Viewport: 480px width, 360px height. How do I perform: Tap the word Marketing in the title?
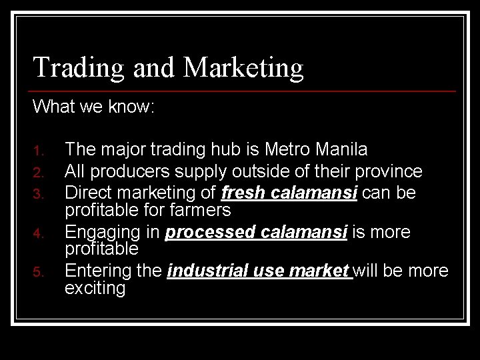pos(243,67)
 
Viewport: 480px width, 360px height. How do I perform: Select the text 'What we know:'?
pos(93,106)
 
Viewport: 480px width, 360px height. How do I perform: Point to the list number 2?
pos(39,173)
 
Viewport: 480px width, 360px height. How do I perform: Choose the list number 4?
pos(39,234)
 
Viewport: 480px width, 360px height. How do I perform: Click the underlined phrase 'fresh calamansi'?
pos(289,193)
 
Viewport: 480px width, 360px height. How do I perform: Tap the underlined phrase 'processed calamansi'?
pos(256,232)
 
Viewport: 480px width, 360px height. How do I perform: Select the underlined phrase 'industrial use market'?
pos(259,271)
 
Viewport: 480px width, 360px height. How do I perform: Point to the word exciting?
pos(95,289)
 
